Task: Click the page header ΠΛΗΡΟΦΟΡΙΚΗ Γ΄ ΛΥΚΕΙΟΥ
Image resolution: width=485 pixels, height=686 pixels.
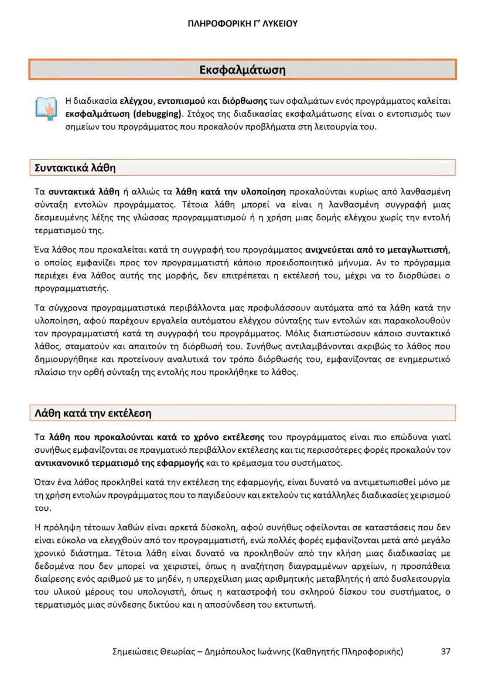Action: coord(243,24)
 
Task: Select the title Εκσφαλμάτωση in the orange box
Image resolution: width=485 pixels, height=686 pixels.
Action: coord(243,70)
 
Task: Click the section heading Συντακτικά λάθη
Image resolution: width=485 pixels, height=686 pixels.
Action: coord(73,168)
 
